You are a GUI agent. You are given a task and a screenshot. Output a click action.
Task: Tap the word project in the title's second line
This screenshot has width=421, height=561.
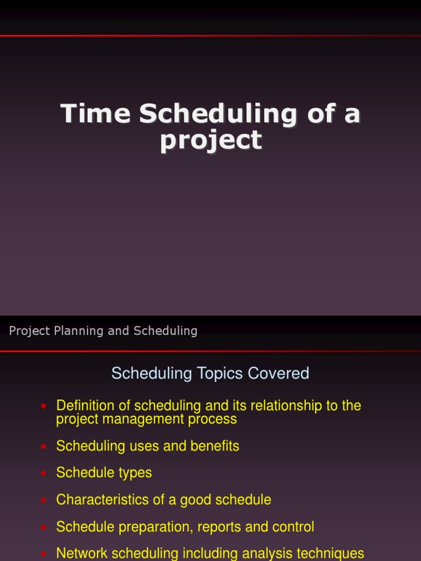(x=211, y=140)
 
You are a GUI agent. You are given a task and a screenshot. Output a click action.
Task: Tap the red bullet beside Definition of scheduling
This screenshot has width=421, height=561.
(x=44, y=407)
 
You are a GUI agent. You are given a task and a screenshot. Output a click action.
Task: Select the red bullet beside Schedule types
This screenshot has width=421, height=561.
(x=44, y=473)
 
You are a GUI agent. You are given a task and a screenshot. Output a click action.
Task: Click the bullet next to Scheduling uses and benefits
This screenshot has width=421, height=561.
(x=44, y=446)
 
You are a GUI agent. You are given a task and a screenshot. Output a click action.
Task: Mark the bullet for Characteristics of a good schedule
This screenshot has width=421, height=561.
(x=44, y=500)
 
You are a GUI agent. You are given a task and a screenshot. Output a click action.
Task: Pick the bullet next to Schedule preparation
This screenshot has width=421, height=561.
(x=44, y=527)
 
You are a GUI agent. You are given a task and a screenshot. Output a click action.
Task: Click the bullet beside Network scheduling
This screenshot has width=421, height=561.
(x=44, y=554)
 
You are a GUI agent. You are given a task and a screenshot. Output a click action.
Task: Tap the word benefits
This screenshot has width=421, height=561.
(x=215, y=446)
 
